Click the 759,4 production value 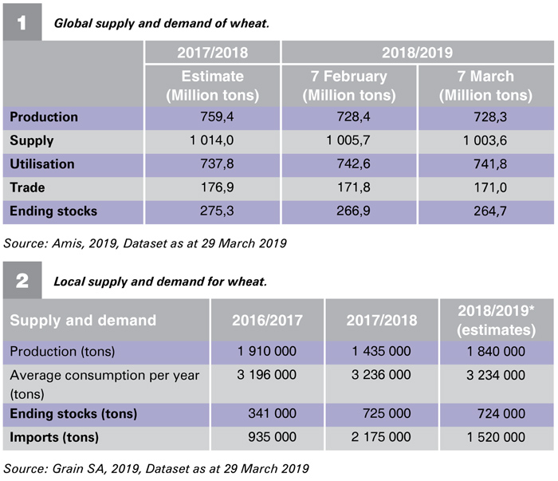click(x=217, y=116)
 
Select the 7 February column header click(x=349, y=86)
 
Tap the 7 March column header click(x=485, y=86)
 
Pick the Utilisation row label click(x=42, y=164)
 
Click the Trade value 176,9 click(x=217, y=187)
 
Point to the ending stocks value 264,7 click(x=490, y=211)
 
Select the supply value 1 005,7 click(x=348, y=140)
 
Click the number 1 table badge click(x=22, y=22)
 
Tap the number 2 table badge click(x=22, y=281)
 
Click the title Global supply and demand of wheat click(x=161, y=23)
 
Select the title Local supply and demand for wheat click(x=160, y=282)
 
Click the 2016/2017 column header click(x=267, y=320)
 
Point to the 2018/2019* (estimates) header click(x=497, y=321)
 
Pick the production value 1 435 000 click(x=381, y=352)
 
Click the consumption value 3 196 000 click(x=266, y=375)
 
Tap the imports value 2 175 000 click(x=381, y=437)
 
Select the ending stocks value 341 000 click(x=273, y=413)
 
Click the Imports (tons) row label click(x=54, y=437)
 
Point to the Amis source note click(x=145, y=243)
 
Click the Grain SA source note click(x=156, y=468)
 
